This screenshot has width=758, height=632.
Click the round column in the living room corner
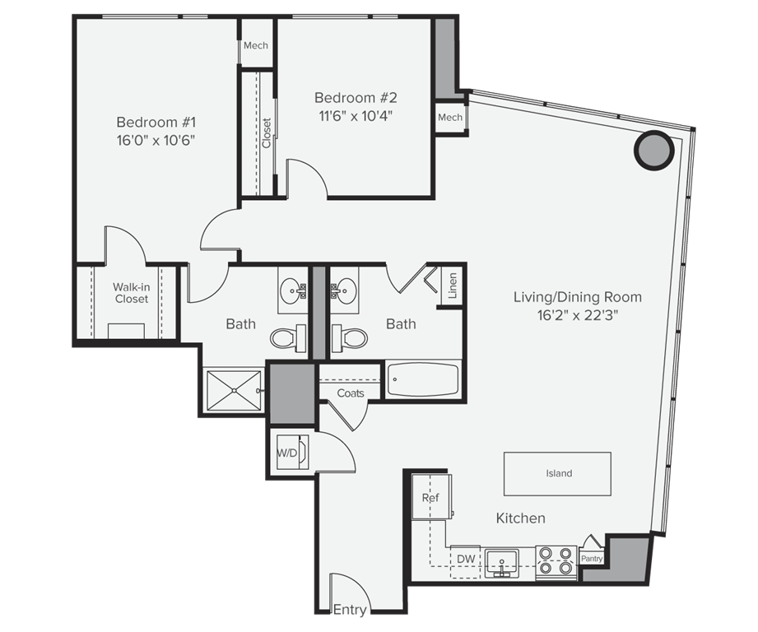click(654, 150)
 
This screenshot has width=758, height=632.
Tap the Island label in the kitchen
click(558, 474)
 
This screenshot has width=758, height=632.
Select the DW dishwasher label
click(466, 560)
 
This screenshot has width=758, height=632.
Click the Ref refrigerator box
click(430, 497)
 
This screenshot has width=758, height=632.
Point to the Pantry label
click(591, 559)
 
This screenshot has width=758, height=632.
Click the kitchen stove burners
click(556, 560)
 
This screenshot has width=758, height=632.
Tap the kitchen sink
click(501, 563)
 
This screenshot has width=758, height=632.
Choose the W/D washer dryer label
click(286, 453)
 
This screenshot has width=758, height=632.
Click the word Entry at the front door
click(349, 610)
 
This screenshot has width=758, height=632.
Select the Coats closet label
click(351, 393)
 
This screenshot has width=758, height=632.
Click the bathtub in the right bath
click(421, 380)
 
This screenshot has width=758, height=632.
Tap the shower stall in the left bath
click(234, 390)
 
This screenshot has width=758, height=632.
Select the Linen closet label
click(453, 286)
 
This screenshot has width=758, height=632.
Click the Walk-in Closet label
click(132, 293)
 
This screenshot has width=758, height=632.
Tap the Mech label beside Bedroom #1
click(255, 45)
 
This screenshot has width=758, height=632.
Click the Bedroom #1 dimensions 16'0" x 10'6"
click(156, 141)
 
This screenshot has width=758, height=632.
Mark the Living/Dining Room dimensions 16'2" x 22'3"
click(577, 316)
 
